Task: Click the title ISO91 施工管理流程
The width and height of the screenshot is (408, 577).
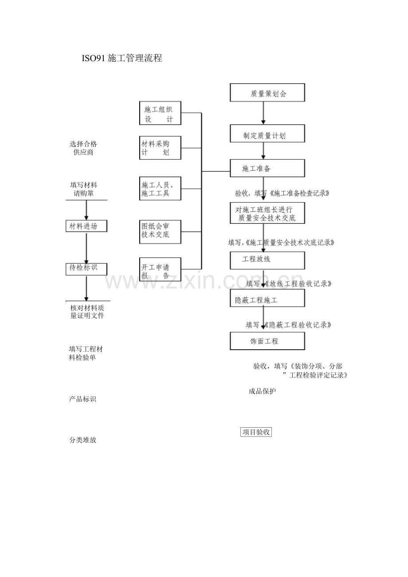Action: pyautogui.click(x=122, y=58)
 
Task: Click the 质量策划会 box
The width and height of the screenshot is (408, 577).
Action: pyautogui.click(x=267, y=94)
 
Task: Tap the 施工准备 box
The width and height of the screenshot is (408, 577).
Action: pyautogui.click(x=267, y=168)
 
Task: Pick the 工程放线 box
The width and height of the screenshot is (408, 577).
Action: pyautogui.click(x=267, y=260)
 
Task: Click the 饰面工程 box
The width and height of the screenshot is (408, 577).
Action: pyautogui.click(x=267, y=341)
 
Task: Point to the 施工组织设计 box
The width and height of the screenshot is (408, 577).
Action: pyautogui.click(x=160, y=114)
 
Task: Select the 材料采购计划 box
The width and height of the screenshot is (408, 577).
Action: pyautogui.click(x=160, y=148)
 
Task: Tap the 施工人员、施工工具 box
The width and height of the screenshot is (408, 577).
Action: pyautogui.click(x=160, y=189)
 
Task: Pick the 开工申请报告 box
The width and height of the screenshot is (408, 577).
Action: pyautogui.click(x=160, y=269)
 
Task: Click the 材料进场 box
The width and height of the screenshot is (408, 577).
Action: pyautogui.click(x=87, y=226)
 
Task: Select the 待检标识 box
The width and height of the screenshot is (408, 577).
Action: pyautogui.click(x=87, y=268)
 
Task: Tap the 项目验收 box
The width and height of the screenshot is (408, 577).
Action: pyautogui.click(x=256, y=432)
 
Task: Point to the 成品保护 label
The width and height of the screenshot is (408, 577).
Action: pyautogui.click(x=262, y=391)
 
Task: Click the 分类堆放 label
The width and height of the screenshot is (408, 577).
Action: pyautogui.click(x=83, y=441)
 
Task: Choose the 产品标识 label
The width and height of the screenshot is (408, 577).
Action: pyautogui.click(x=83, y=399)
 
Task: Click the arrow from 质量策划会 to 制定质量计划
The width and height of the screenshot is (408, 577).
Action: pyautogui.click(x=263, y=114)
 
